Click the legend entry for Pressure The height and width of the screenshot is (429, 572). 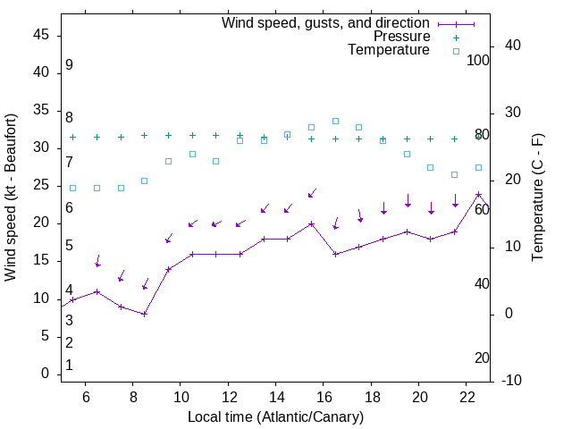[x=401, y=37]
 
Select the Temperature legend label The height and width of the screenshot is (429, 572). [x=389, y=50]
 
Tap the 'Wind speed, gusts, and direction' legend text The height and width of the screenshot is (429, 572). [x=325, y=23]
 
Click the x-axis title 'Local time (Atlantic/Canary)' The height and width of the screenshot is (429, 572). [x=275, y=416]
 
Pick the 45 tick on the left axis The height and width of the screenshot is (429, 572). [x=41, y=35]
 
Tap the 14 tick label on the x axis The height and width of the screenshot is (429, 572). [x=275, y=393]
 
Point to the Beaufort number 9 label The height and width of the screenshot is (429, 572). [x=69, y=65]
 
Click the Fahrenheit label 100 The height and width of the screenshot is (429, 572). [x=478, y=60]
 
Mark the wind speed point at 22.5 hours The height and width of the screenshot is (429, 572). [x=478, y=194]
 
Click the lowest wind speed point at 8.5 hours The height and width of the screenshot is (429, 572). [x=144, y=314]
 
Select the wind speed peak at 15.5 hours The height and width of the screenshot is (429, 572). [x=311, y=223]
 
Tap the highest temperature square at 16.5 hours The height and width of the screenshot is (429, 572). [x=335, y=121]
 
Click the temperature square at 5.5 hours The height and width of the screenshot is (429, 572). [x=73, y=188]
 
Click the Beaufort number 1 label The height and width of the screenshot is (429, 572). [x=69, y=365]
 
